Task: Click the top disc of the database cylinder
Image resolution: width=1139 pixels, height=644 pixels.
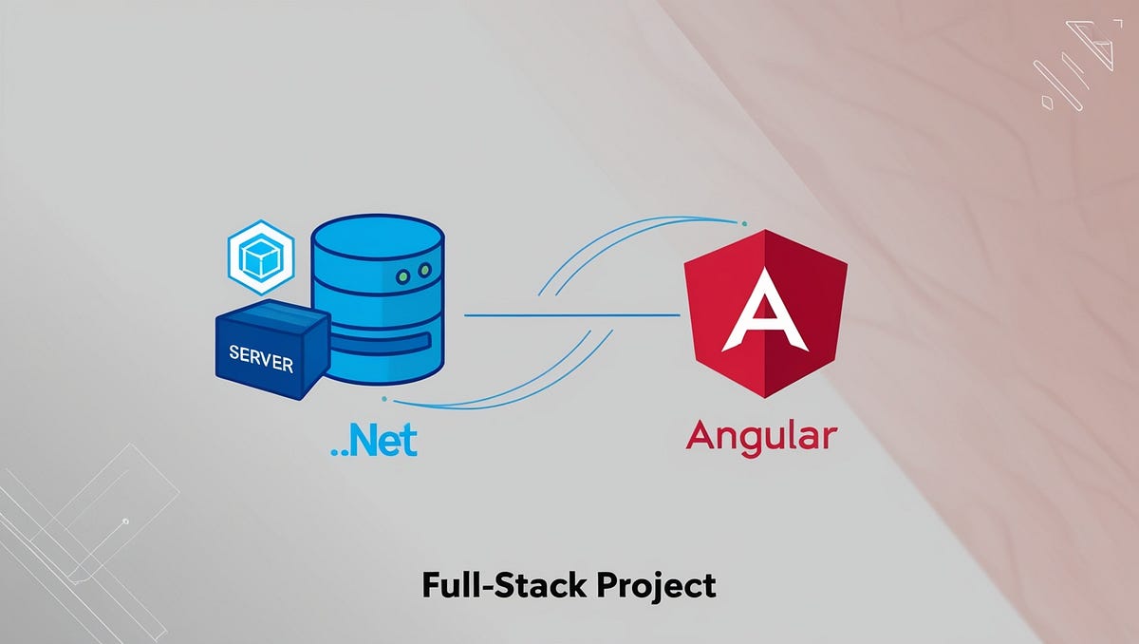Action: (377, 237)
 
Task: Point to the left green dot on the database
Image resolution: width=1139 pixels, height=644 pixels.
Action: (402, 275)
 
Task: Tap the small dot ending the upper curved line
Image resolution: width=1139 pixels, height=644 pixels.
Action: (743, 224)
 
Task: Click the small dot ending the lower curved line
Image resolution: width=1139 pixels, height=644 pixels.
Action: (383, 398)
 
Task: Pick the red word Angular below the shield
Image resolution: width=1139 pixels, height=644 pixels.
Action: (761, 437)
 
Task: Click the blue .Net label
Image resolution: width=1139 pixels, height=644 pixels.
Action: (374, 442)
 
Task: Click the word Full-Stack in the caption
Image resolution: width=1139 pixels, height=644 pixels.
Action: (502, 585)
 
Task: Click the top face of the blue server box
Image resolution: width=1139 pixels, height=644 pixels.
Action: (266, 317)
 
